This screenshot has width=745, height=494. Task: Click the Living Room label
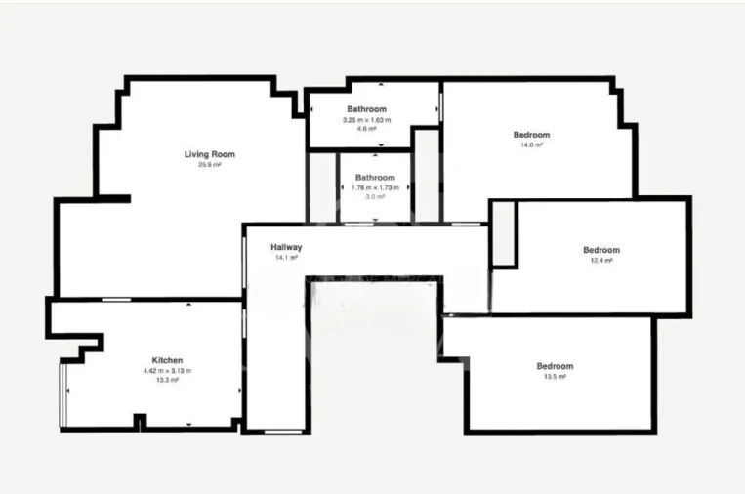[x=210, y=154]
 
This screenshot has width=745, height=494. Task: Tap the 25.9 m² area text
[x=210, y=165]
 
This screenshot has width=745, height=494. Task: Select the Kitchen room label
[x=167, y=360]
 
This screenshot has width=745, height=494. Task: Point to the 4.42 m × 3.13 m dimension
[x=167, y=371]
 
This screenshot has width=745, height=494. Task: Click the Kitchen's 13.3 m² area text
[x=167, y=381]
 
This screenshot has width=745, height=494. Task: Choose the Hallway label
[x=286, y=247]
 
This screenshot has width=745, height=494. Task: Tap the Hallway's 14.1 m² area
[x=286, y=258]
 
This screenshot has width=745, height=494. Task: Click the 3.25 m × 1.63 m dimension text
[x=366, y=119]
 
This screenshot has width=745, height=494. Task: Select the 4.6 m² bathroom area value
[x=366, y=129]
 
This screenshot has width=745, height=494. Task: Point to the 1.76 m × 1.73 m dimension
[x=375, y=187]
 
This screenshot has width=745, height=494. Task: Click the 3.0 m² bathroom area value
[x=375, y=197]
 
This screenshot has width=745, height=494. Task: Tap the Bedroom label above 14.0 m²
[x=531, y=135]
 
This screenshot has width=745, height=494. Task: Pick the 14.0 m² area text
[x=531, y=144]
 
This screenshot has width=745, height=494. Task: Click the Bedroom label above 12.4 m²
[x=600, y=250]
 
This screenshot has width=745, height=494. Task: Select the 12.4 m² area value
[x=600, y=261]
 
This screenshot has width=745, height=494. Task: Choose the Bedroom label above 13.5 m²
[x=555, y=366]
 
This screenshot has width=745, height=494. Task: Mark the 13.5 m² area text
[x=555, y=377]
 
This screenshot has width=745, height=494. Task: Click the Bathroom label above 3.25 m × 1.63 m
[x=366, y=108]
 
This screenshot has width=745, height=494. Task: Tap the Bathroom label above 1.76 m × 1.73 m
[x=375, y=177]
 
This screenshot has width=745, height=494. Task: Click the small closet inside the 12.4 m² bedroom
[x=503, y=233]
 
